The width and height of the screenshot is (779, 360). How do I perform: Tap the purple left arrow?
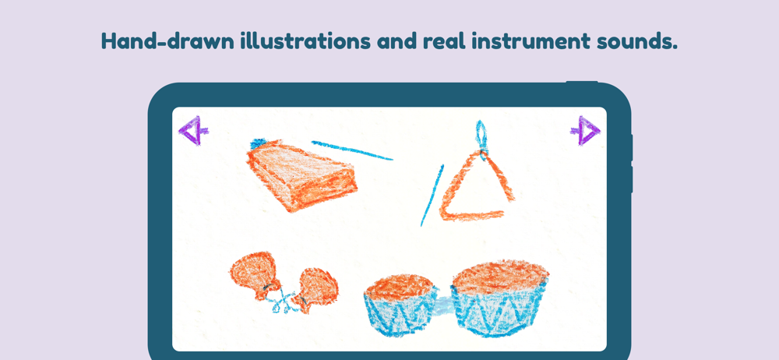click(x=193, y=131)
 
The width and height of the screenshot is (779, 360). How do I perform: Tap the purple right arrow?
click(x=586, y=131)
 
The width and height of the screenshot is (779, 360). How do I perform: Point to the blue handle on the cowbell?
click(x=259, y=143)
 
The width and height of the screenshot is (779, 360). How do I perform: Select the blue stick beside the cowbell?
click(x=352, y=150)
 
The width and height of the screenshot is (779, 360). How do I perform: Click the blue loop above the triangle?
click(x=481, y=135)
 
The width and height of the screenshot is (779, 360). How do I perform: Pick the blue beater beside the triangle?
click(x=432, y=196)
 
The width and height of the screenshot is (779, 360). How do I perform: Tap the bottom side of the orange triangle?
click(x=472, y=216)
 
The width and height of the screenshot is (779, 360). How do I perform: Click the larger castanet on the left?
click(x=255, y=274)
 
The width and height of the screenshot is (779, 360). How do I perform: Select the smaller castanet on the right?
click(x=316, y=289)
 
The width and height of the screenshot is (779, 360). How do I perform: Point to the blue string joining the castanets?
click(x=284, y=299)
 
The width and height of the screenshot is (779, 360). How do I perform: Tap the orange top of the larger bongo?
click(x=500, y=276)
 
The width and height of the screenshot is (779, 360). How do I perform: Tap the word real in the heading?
click(x=444, y=41)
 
